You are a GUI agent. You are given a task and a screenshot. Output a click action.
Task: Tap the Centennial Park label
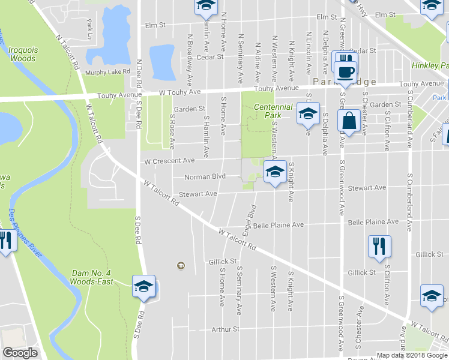pos(273,110)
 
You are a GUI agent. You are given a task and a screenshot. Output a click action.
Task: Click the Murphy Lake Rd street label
pos(107,72)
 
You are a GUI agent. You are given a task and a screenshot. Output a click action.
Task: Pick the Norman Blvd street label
pos(205,176)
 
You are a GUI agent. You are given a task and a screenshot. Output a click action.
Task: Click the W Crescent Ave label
pos(170,161)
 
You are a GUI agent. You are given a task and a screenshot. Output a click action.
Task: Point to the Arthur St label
pos(225,329)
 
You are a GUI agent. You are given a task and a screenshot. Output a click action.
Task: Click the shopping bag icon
pos(349,121)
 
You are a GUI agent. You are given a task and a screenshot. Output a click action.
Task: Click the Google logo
pos(20,353)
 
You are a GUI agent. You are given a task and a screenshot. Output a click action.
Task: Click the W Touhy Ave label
pos(179,92)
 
